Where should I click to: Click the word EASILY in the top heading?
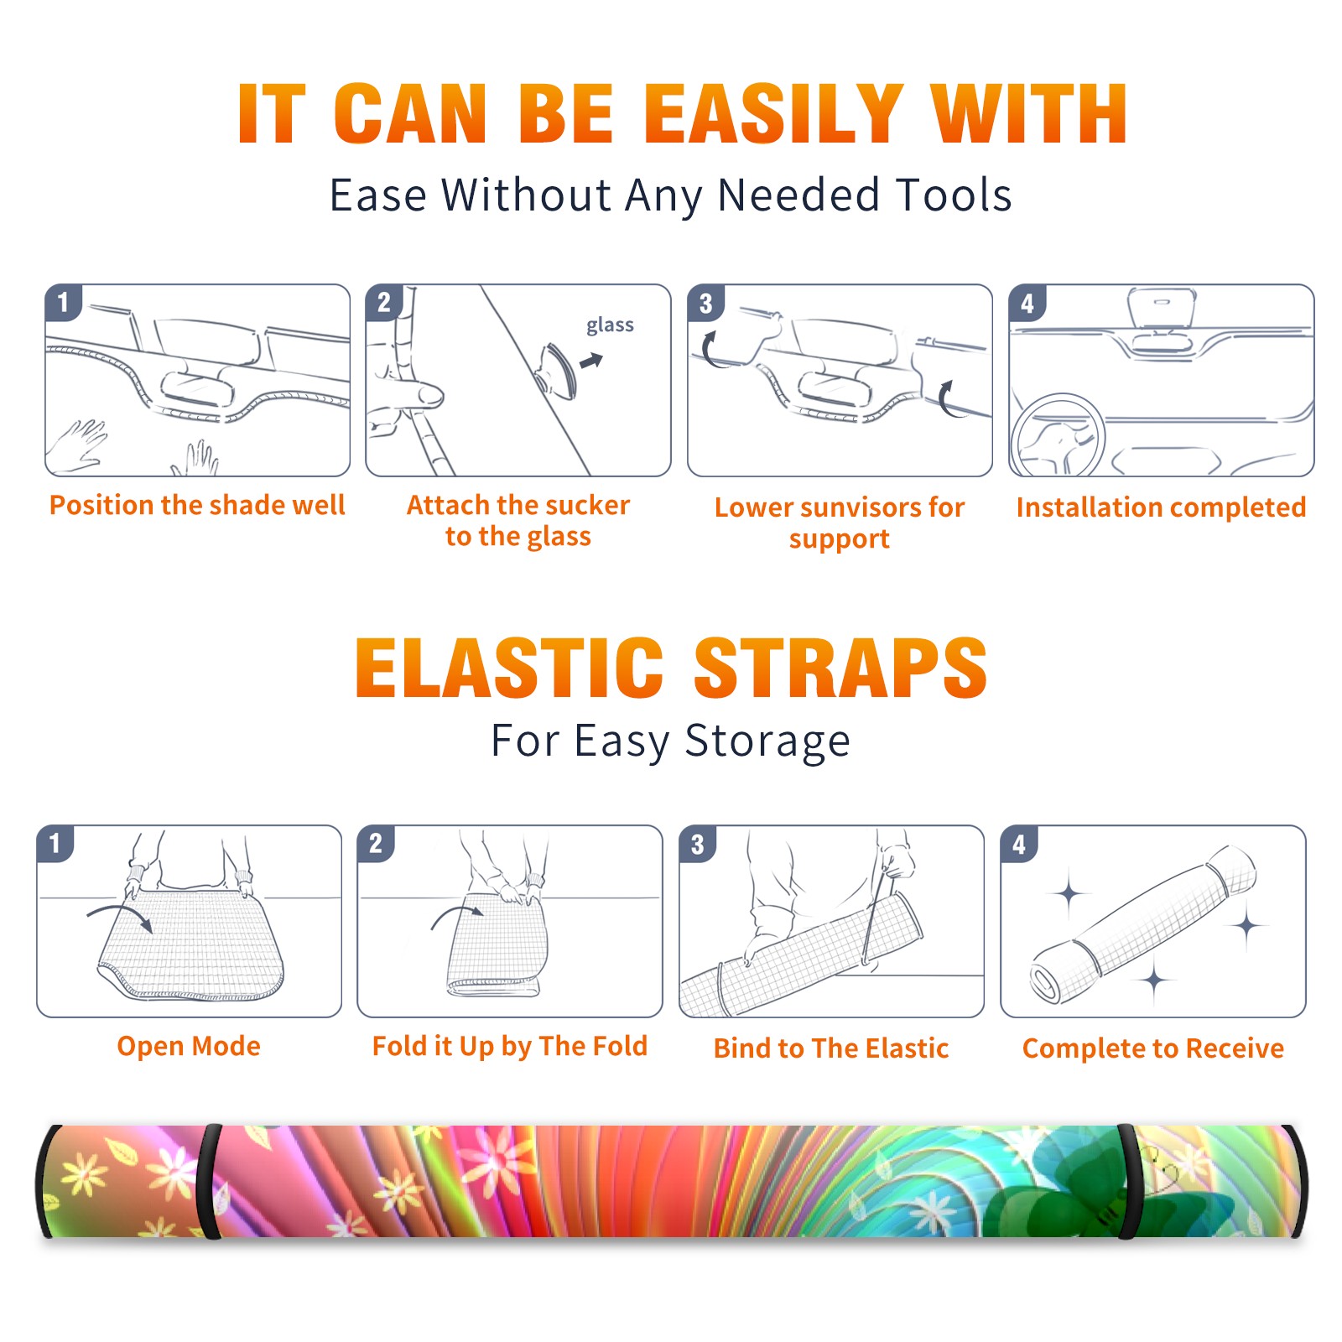(x=773, y=114)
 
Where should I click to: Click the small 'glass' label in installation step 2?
(x=610, y=325)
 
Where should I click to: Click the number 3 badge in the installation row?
(x=705, y=303)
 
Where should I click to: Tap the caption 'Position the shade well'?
(x=197, y=505)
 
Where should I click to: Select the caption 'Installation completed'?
(x=1161, y=507)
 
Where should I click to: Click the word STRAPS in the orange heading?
(x=840, y=668)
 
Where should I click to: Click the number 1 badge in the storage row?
(x=55, y=843)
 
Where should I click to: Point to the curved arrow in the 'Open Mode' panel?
(x=120, y=914)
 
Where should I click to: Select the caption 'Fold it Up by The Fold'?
(x=510, y=1047)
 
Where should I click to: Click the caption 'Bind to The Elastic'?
(x=831, y=1048)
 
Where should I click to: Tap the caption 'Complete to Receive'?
(x=1153, y=1048)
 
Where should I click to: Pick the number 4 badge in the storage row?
(x=1019, y=843)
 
